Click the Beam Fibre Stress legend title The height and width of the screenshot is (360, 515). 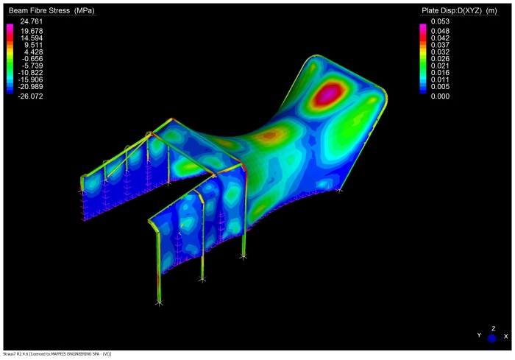[x=51, y=10]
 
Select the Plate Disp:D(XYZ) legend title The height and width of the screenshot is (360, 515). [x=459, y=10]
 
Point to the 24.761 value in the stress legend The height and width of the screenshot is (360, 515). [x=32, y=21]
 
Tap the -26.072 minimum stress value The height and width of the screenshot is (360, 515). [x=30, y=96]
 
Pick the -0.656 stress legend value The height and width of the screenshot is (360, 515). [x=32, y=58]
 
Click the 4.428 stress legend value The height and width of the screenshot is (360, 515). [x=34, y=52]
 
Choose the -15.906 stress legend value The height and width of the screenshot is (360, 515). [x=30, y=80]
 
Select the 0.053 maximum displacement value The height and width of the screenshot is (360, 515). [x=440, y=21]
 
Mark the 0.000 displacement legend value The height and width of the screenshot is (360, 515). [x=440, y=96]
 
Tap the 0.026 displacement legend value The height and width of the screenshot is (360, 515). [x=440, y=58]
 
